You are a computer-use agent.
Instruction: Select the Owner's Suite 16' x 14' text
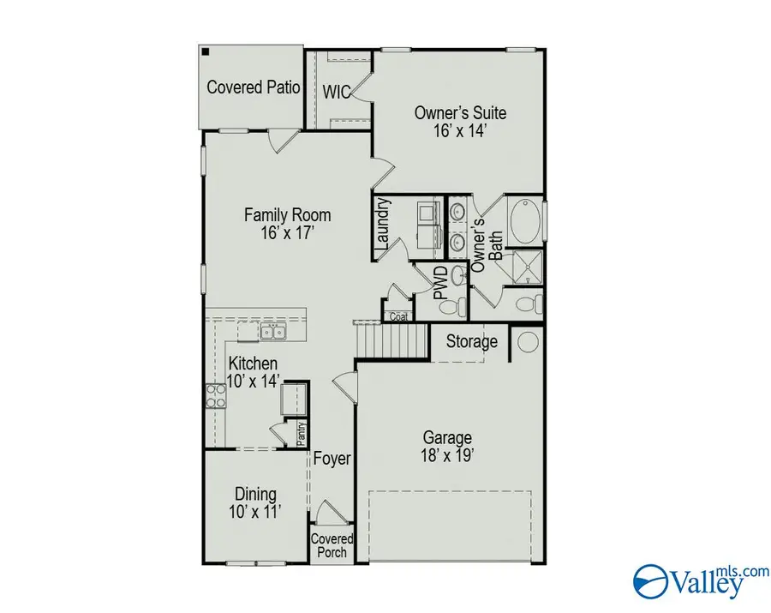coord(460,122)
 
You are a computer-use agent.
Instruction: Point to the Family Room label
coord(287,224)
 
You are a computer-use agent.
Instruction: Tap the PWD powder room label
coord(439,282)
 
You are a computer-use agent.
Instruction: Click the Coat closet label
coord(397,316)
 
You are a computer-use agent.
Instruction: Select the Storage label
coord(471,342)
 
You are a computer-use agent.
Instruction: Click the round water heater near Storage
coord(527,342)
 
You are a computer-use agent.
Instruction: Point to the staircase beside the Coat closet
coord(391,340)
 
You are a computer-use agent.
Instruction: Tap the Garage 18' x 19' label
coord(445,447)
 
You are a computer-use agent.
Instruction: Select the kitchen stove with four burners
coord(215,396)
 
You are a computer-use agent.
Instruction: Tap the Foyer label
coord(331,459)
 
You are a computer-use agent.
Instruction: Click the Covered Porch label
coord(331,545)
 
